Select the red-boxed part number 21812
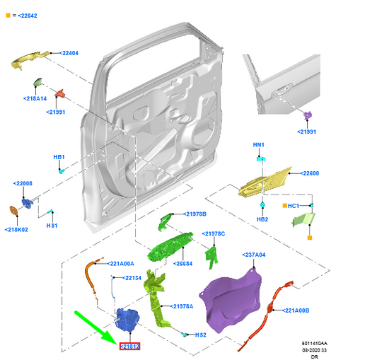click(x=129, y=347)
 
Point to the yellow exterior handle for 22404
click(x=33, y=59)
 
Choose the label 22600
click(x=309, y=173)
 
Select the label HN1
click(x=259, y=145)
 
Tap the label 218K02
click(x=16, y=229)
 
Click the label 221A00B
click(x=298, y=310)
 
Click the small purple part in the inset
click(x=308, y=116)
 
